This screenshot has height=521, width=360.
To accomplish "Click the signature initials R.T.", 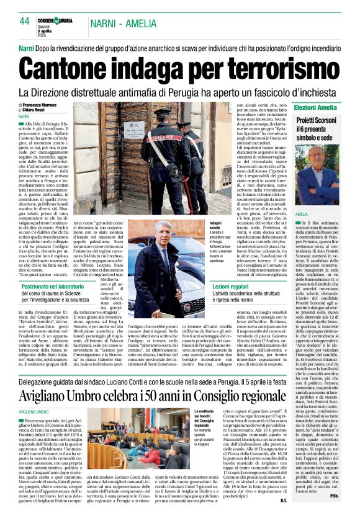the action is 283,512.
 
